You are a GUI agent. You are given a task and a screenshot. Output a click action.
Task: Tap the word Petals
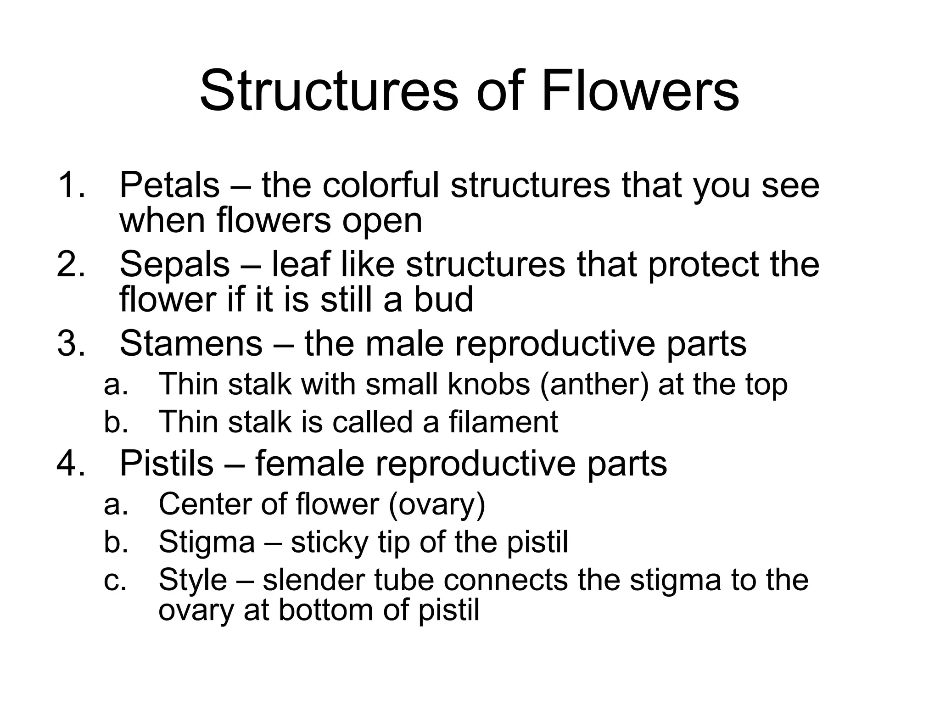pyautogui.click(x=169, y=185)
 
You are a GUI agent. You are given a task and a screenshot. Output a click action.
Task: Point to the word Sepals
pyautogui.click(x=174, y=264)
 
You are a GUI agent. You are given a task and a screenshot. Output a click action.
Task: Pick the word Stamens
pyautogui.click(x=191, y=343)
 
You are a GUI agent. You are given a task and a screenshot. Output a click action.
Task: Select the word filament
pyautogui.click(x=503, y=421)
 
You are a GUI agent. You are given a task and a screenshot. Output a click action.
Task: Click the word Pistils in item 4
pyautogui.click(x=167, y=463)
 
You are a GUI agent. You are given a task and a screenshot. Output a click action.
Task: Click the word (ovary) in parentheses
pyautogui.click(x=436, y=504)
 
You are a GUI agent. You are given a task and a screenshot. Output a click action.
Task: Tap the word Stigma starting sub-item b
pyautogui.click(x=207, y=542)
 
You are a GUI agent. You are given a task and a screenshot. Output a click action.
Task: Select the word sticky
pyautogui.click(x=330, y=542)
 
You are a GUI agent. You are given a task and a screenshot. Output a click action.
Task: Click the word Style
pyautogui.click(x=193, y=580)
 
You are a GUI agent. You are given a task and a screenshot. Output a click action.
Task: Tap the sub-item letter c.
pyautogui.click(x=114, y=580)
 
